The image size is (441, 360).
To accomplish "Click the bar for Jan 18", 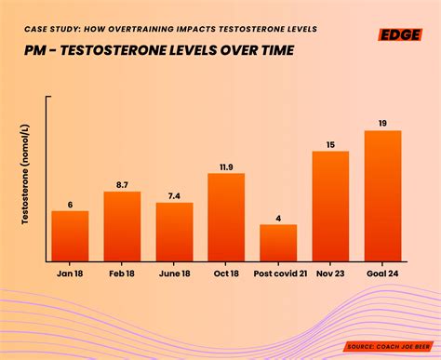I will tap(70, 236).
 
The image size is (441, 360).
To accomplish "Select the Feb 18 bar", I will tap(122, 226).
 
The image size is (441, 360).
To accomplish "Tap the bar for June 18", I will tap(174, 232).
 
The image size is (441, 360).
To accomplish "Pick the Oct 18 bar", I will tap(226, 217).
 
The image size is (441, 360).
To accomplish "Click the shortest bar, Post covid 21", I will tap(278, 243).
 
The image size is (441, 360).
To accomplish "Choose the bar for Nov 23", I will tap(330, 206).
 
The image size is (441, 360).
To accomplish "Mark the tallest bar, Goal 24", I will tap(382, 195).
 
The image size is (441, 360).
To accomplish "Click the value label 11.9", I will tap(226, 167).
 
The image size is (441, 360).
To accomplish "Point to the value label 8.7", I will tap(122, 185).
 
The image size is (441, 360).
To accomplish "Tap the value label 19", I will tap(382, 124).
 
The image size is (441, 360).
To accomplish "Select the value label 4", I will tap(278, 219).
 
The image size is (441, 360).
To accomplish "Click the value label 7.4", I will tap(174, 195).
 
